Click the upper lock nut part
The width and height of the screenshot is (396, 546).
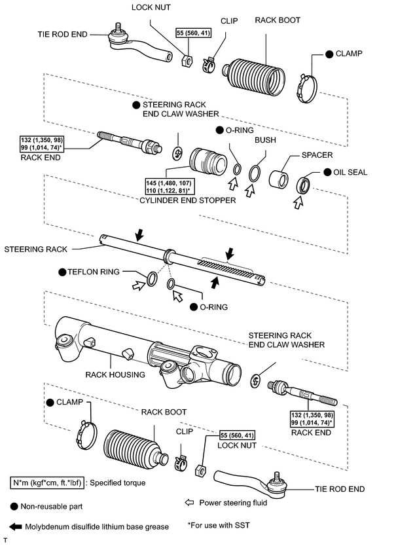(187, 61)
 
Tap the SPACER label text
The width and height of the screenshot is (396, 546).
(317, 155)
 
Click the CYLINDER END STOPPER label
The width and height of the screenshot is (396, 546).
(187, 200)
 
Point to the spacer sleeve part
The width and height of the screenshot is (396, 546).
(279, 179)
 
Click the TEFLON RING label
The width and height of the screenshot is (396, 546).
(94, 272)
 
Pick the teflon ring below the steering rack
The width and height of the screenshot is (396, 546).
(152, 279)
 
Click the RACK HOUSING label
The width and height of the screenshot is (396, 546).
(115, 374)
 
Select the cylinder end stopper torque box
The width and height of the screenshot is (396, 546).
(169, 187)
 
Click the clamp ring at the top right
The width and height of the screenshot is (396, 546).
(308, 88)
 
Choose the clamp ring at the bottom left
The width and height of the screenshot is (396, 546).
(86, 435)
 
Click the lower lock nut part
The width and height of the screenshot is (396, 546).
(200, 470)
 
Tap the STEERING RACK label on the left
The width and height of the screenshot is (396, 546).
(35, 249)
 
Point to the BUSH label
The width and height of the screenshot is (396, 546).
(265, 140)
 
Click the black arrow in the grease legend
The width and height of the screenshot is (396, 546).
(15, 527)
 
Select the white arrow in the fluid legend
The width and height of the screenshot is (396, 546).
(189, 503)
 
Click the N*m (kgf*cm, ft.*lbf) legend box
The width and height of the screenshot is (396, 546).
(47, 483)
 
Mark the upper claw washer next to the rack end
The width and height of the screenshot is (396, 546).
(177, 154)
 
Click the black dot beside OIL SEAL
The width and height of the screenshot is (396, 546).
(327, 172)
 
